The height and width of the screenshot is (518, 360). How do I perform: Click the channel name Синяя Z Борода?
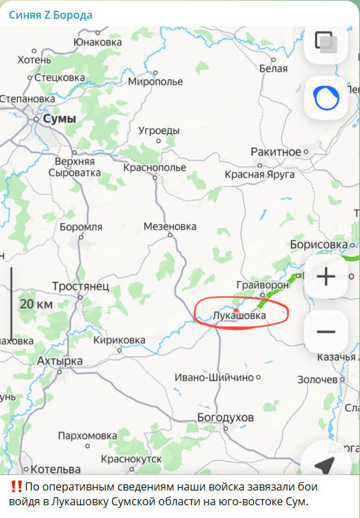[50, 15]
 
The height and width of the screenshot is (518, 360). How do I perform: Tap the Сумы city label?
[59, 119]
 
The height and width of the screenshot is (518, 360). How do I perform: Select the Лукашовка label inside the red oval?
[239, 315]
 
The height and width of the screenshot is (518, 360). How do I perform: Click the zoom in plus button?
[326, 276]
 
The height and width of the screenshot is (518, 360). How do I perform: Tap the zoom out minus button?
[326, 331]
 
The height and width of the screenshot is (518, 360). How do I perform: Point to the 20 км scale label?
[36, 304]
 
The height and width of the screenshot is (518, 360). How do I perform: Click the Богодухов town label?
[225, 418]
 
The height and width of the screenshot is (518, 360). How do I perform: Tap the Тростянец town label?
[80, 286]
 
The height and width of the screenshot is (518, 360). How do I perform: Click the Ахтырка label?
[60, 361]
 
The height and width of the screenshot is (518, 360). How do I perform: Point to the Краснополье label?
[155, 167]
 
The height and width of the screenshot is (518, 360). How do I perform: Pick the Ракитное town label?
[276, 152]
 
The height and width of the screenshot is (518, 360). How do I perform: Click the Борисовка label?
[319, 245]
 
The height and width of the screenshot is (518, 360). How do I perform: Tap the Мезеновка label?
[170, 227]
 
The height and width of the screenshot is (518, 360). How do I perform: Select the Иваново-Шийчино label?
[214, 378]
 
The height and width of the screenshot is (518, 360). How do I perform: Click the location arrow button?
[326, 464]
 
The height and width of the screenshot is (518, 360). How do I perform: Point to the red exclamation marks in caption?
[17, 486]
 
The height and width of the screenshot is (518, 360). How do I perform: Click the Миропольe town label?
[155, 82]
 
